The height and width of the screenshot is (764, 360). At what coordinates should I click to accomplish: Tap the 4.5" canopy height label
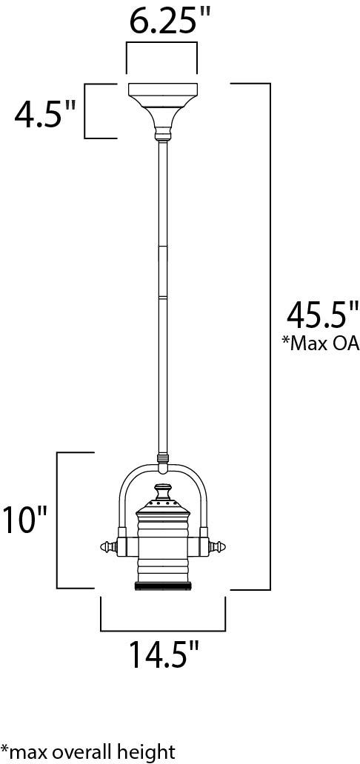click(x=45, y=114)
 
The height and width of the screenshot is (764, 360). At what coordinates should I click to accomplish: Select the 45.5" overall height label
click(x=323, y=315)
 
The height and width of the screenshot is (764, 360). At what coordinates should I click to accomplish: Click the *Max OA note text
click(x=321, y=343)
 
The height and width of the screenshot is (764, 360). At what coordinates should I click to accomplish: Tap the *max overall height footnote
click(x=88, y=751)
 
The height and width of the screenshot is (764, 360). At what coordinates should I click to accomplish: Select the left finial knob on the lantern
click(x=109, y=546)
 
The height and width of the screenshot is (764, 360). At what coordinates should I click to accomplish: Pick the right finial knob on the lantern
click(x=218, y=546)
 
